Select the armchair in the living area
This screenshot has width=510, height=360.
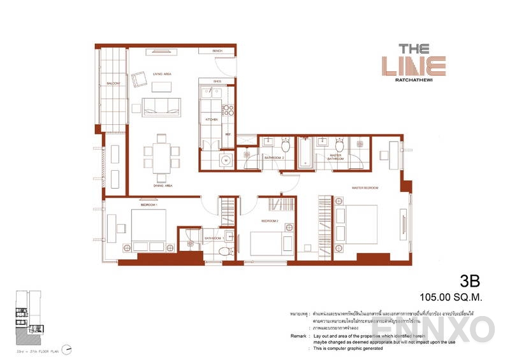(x=140, y=80)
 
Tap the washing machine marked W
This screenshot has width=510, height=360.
(x=226, y=161)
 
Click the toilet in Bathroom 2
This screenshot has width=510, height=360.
(x=286, y=147)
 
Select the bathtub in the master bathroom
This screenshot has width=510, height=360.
(x=305, y=153)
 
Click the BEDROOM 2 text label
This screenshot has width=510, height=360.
(x=270, y=220)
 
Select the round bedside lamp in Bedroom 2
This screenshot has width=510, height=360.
(x=289, y=227)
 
